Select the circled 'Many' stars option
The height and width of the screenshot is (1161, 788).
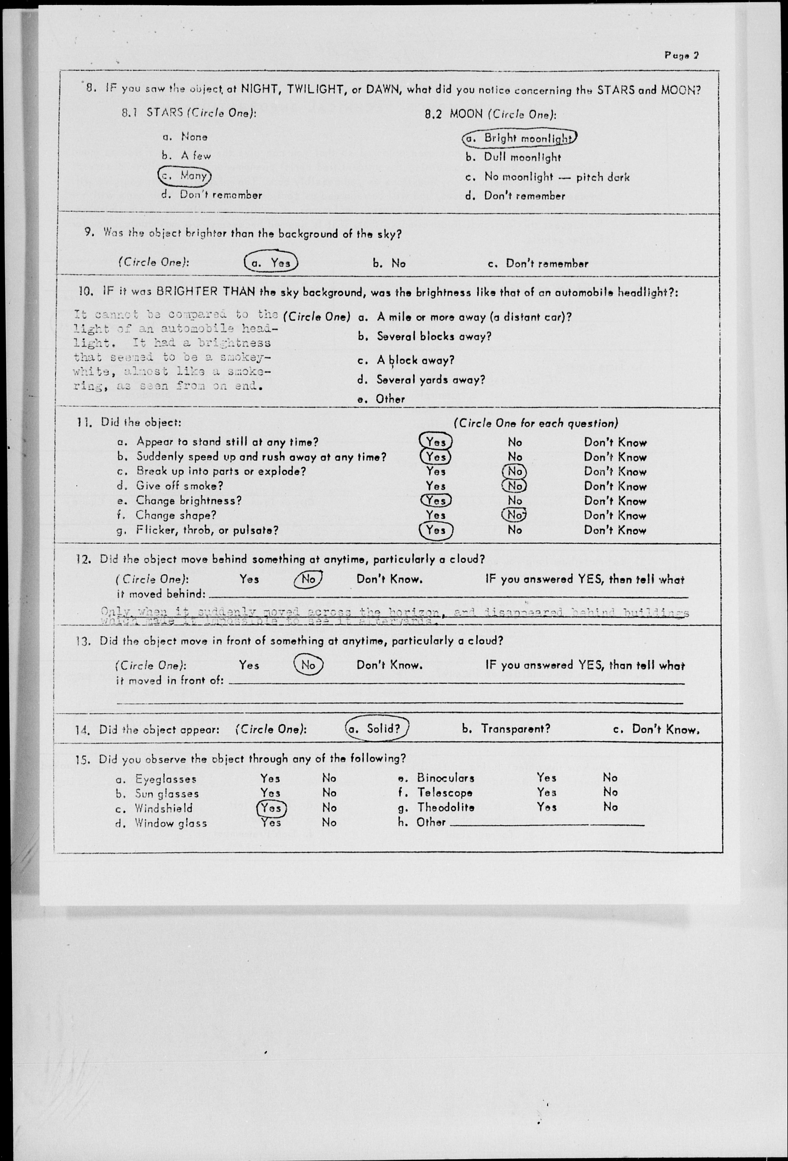tap(185, 175)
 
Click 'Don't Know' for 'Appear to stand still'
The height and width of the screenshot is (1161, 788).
tap(615, 443)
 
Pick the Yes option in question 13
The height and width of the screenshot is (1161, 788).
tap(249, 665)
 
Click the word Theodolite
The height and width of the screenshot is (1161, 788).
tap(446, 807)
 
